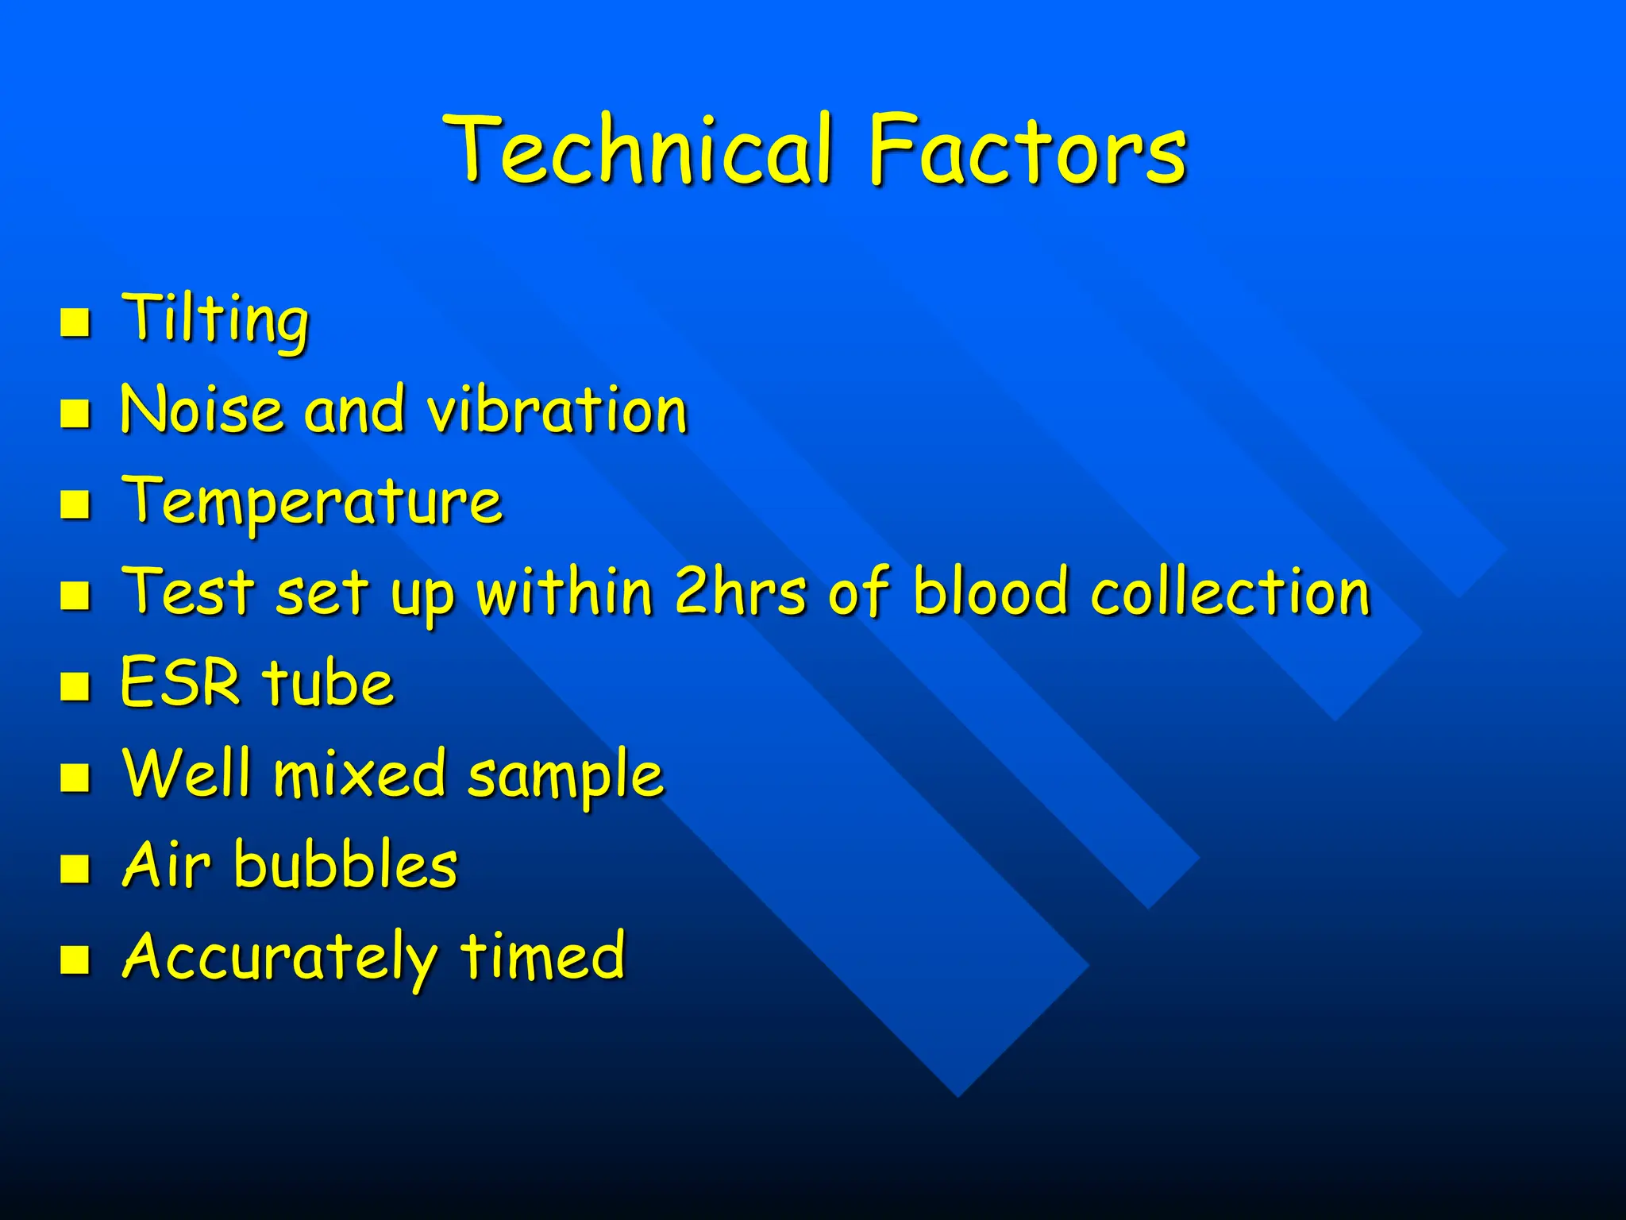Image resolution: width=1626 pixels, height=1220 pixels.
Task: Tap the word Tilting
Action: point(214,319)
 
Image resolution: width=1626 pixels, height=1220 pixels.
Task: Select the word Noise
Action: point(202,410)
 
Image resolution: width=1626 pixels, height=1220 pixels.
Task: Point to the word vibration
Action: point(557,410)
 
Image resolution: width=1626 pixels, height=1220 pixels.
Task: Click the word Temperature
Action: point(312,502)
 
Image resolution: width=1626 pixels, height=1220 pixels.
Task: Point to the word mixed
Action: point(359,774)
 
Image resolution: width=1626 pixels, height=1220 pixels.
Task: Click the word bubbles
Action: point(345,865)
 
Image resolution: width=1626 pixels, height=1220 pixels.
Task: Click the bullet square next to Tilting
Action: point(75,322)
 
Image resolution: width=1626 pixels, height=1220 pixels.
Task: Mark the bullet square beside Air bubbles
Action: point(75,868)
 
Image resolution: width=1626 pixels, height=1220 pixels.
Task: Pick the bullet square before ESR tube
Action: point(75,685)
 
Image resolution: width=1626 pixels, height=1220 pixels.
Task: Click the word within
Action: point(564,592)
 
